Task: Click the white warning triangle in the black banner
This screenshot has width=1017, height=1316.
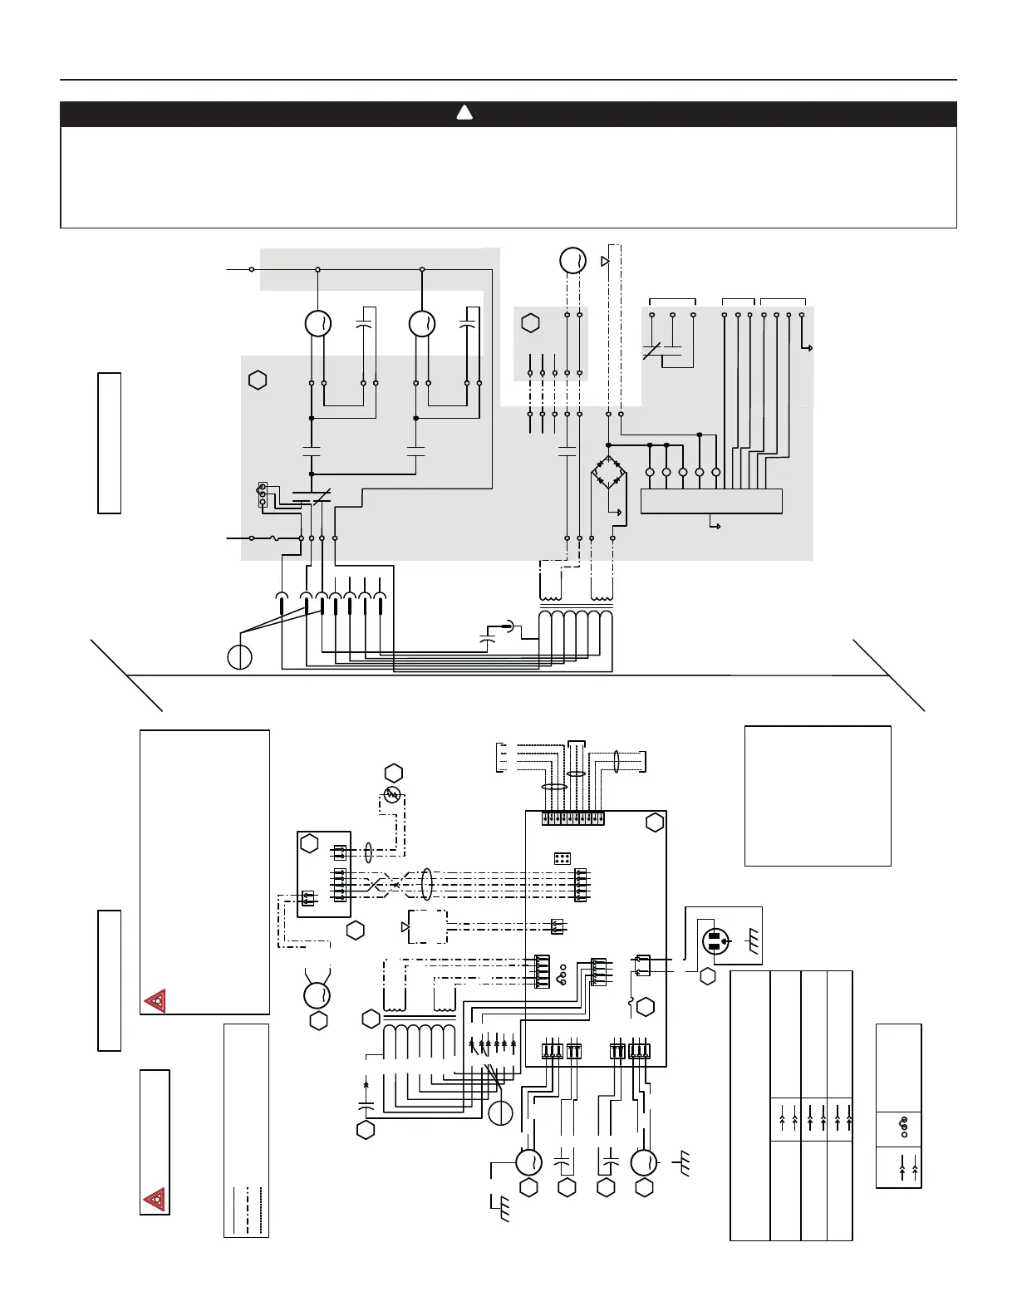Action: coord(464,114)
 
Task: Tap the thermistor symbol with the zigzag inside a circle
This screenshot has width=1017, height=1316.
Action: coord(392,794)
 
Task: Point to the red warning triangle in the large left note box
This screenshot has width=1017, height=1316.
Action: coord(155,1001)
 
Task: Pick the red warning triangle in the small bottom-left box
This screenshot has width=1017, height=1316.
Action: coord(155,1200)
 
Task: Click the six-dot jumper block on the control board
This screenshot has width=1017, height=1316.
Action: coord(563,858)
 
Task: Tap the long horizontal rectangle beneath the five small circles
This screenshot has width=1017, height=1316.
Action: coord(711,501)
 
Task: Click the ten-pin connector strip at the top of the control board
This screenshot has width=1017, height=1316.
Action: coord(572,818)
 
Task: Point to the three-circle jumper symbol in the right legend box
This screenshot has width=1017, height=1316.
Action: coord(904,1127)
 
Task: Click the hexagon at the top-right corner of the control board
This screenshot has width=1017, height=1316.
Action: coord(655,822)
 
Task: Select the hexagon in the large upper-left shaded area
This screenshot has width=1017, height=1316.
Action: coord(258,381)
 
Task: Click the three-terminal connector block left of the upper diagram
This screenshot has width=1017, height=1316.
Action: coord(263,493)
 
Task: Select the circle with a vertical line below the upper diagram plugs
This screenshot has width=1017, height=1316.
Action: coord(240,656)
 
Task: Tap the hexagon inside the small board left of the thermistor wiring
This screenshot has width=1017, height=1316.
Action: coord(310,844)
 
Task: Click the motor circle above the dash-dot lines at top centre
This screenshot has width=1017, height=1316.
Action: coord(572,260)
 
